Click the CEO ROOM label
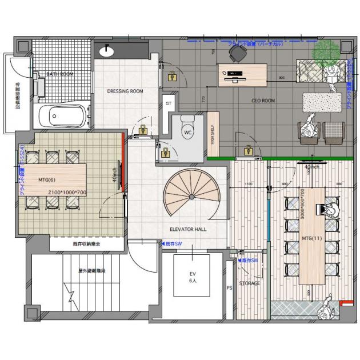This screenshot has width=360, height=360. (x=263, y=101)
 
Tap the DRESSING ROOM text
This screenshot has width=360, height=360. (x=125, y=91)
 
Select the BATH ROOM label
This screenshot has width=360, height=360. (x=59, y=74)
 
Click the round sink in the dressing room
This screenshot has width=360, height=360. (x=107, y=51)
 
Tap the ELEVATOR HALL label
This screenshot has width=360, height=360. (x=188, y=229)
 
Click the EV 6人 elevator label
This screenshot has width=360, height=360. (x=193, y=277)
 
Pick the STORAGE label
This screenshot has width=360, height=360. (x=250, y=283)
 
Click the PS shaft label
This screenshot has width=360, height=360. (x=229, y=288)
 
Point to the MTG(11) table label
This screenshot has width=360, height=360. (x=311, y=238)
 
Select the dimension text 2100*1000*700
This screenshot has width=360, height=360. (x=67, y=193)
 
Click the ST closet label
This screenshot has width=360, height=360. (x=168, y=104)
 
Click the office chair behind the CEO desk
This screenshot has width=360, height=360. (x=237, y=53)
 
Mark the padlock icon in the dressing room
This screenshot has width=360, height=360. (x=171, y=76)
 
